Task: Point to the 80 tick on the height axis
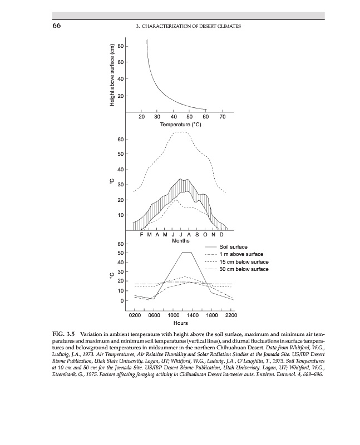[x=128, y=46]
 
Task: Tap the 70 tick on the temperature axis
[x=223, y=117]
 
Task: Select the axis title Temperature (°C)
[x=180, y=124]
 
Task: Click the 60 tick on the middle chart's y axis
[x=128, y=139]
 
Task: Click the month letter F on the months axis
[x=142, y=235]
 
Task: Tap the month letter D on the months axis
[x=220, y=235]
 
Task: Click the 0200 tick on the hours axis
[x=135, y=315]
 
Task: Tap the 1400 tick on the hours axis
[x=193, y=315]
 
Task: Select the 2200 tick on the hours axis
[x=231, y=315]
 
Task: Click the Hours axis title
[x=180, y=323]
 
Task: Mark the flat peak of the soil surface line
[x=187, y=253]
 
